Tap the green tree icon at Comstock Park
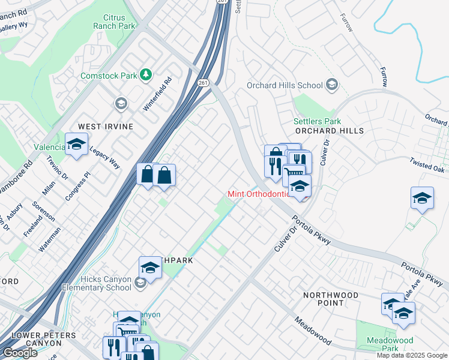pos(145,74)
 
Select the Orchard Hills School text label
pos(285,86)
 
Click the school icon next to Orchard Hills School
pos(331,86)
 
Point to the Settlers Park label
pos(317,121)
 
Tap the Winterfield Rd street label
pos(158,95)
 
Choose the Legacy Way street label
pos(105,157)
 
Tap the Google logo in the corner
pos(20,353)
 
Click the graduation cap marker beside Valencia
pos(76,146)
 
